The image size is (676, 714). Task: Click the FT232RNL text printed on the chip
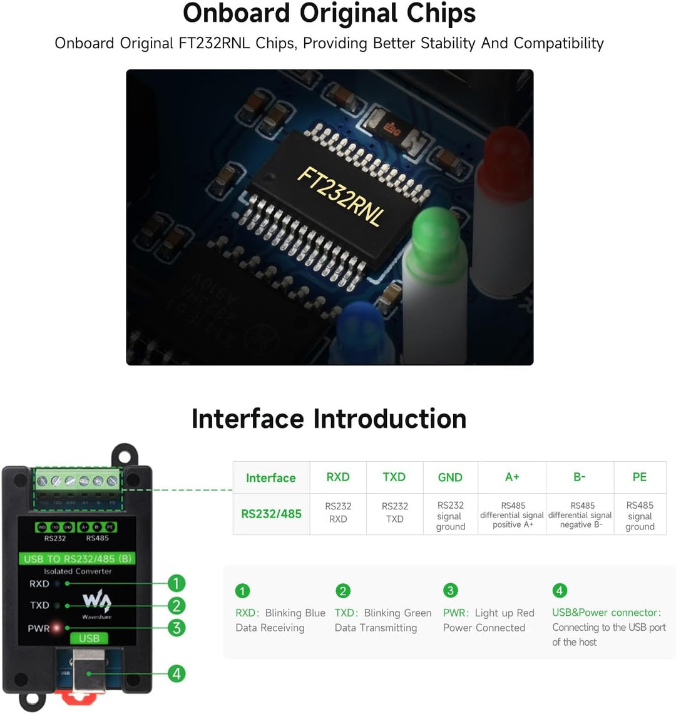coord(339,196)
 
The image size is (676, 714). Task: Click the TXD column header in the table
coord(394,477)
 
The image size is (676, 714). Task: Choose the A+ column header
coord(512,477)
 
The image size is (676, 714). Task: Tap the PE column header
coord(640,477)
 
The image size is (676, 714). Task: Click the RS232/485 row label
coord(271,514)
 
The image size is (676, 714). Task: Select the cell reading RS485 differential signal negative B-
coord(580,515)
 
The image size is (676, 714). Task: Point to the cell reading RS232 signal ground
coord(451,516)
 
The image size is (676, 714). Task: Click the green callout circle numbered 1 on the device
coord(177,583)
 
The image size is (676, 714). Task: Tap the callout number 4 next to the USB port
coord(177,673)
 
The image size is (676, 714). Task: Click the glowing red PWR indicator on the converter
coord(58,627)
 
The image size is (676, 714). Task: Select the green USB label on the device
coord(89,638)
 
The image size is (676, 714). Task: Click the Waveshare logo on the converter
coord(96,603)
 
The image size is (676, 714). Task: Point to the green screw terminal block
coord(78,481)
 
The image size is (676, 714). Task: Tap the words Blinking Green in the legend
coord(397,613)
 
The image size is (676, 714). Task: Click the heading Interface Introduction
coord(329,419)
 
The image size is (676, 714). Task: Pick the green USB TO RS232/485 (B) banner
coord(78,559)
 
